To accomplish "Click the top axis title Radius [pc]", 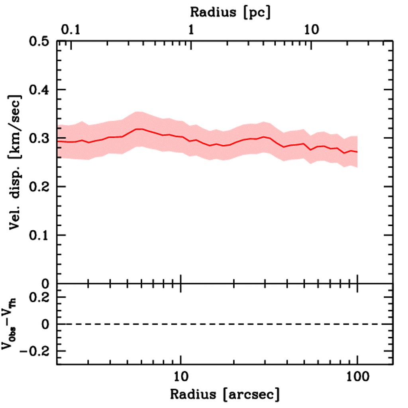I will pos(230,12).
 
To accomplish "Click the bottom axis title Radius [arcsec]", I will pos(225,394).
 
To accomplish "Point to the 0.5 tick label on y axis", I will pos(39,41).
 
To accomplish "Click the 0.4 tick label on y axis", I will pos(39,90).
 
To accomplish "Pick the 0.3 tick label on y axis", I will pos(39,138).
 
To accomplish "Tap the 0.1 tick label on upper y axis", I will pos(39,235).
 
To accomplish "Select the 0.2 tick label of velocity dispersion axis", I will pos(39,187).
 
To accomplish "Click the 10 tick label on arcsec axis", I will pos(181,375).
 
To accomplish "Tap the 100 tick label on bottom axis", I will pos(357,375).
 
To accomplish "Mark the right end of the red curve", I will pos(357,152).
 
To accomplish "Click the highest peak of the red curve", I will pos(139,129).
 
